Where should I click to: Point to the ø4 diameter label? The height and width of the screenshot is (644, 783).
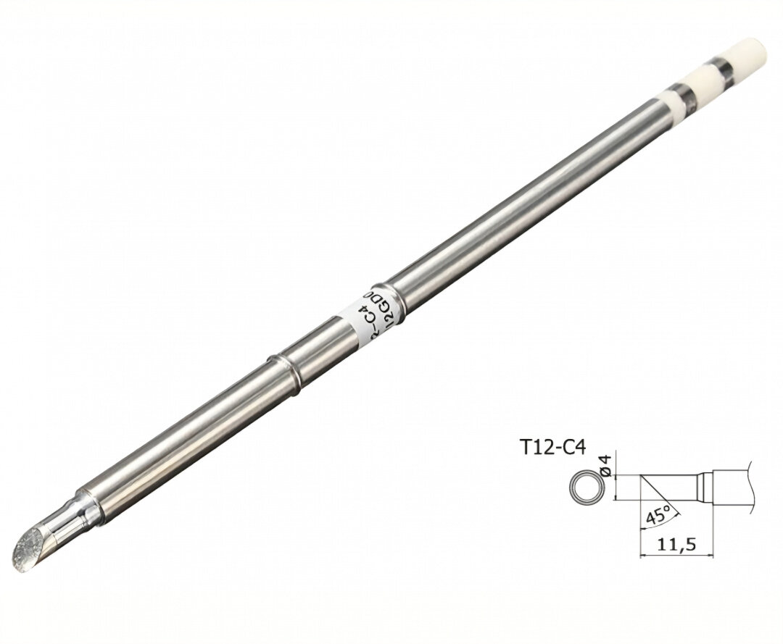608,466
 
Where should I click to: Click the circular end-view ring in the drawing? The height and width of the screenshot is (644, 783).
584,488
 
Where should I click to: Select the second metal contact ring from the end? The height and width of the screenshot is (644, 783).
682,93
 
